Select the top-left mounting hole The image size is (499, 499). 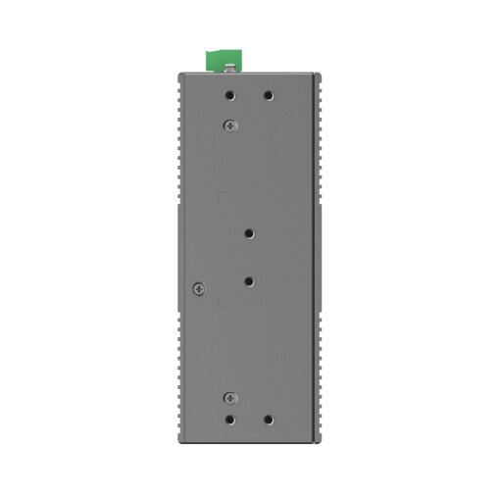(229, 96)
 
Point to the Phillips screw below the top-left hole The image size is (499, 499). (229, 124)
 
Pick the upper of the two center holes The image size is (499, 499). (250, 234)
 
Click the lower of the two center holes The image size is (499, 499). (250, 280)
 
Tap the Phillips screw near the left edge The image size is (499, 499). (198, 287)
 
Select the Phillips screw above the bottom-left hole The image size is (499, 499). (229, 397)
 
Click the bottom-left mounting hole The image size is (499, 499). (229, 419)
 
